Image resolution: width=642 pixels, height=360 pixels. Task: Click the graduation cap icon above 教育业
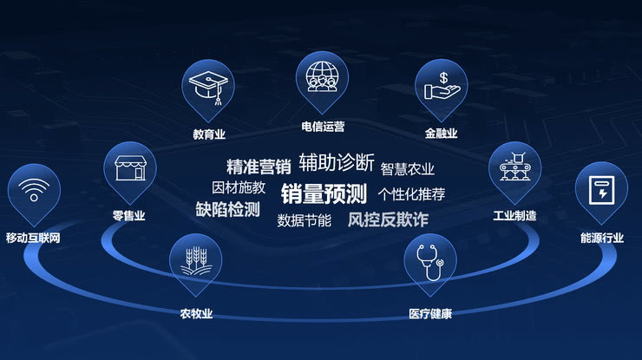click(208, 87)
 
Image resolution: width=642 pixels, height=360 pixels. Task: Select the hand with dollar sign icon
click(441, 85)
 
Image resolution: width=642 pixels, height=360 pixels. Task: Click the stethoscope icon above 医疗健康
click(430, 261)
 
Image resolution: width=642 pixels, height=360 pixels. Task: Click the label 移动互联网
click(33, 238)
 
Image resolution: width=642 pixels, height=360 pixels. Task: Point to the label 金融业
click(441, 134)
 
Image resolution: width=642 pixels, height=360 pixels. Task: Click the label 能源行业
click(601, 238)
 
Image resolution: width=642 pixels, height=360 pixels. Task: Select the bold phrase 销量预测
click(324, 193)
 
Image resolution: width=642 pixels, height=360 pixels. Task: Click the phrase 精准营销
click(259, 167)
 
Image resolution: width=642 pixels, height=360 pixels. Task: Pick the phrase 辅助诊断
click(337, 162)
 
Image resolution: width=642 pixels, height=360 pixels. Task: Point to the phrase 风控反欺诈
click(388, 219)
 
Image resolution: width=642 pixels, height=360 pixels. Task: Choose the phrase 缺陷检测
click(227, 209)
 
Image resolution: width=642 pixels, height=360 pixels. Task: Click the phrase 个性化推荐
click(411, 193)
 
